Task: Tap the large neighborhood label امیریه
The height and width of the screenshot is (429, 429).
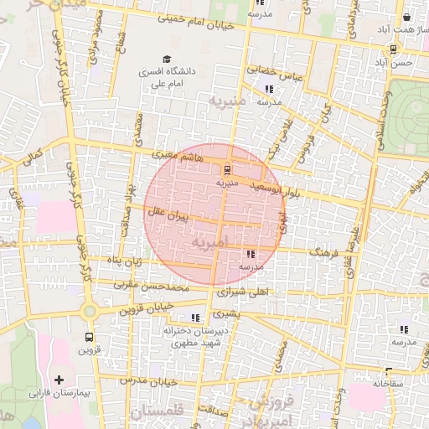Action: coord(209,243)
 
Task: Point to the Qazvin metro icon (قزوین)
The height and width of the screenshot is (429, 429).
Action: coord(89,337)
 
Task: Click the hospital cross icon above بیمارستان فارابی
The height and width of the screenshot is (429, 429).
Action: coord(59,380)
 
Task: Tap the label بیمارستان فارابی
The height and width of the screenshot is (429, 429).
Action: coord(59,393)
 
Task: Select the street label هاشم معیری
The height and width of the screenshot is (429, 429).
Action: coord(178,156)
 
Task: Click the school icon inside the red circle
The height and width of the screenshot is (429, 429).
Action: coord(251,254)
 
